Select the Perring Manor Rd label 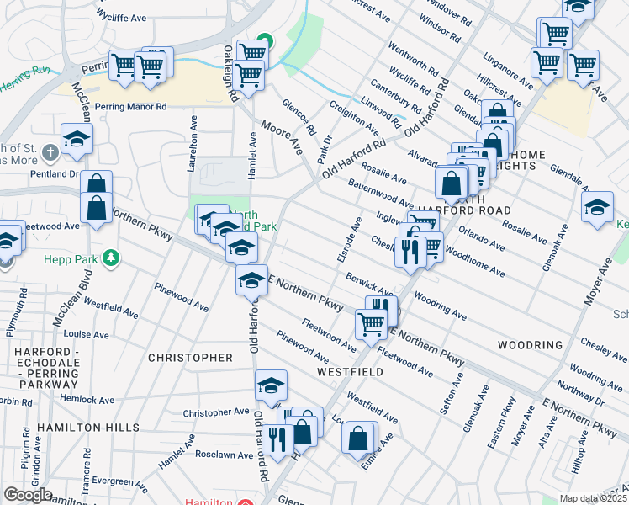coord(130,107)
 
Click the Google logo coord(28,494)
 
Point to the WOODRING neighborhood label coord(529,345)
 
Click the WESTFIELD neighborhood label coord(350,371)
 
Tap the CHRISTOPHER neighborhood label coord(190,358)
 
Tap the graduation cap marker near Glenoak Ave coord(597,206)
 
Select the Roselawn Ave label coord(224,455)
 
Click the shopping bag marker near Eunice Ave coord(358,438)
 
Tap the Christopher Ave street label coord(216,413)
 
